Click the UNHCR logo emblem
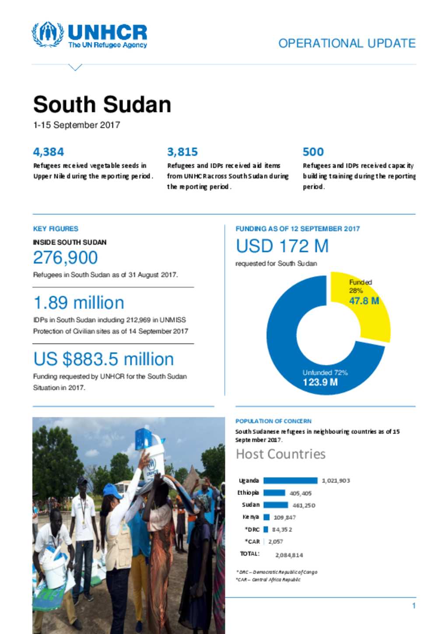(47, 34)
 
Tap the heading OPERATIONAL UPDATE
(347, 43)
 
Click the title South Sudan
(102, 105)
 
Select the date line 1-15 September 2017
(77, 125)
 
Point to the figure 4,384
(49, 152)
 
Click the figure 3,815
(182, 152)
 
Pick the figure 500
(313, 152)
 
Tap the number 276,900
(66, 258)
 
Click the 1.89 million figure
(79, 303)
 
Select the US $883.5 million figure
(104, 359)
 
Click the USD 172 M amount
(282, 246)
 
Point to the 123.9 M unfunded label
(320, 382)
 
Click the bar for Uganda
(290, 480)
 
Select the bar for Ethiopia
(274, 493)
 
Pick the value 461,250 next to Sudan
(304, 505)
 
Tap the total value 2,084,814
(289, 555)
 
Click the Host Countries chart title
(281, 454)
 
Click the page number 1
(414, 606)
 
